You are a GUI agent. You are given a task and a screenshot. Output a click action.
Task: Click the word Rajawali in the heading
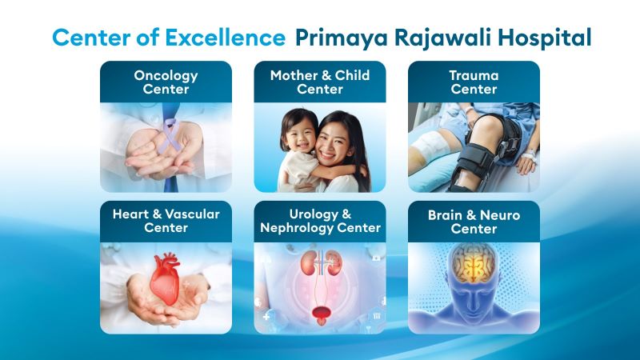click(436, 38)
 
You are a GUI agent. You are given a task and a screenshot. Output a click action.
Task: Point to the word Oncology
click(166, 76)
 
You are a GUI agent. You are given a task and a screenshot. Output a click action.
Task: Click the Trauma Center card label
click(474, 82)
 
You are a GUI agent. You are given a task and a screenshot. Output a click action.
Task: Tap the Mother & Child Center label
click(320, 82)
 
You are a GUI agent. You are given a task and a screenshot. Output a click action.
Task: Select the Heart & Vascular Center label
click(166, 221)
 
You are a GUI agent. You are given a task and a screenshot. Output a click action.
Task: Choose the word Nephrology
click(300, 228)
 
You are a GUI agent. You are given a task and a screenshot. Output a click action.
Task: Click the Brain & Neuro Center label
click(474, 222)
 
